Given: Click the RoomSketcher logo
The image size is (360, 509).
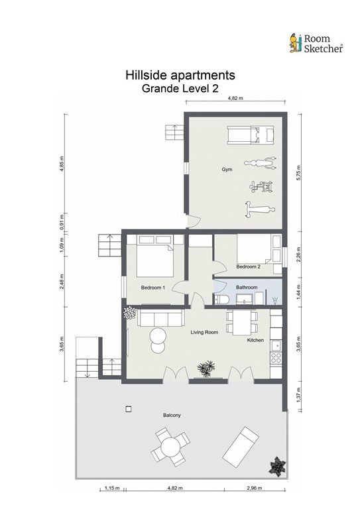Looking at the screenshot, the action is coord(316,43).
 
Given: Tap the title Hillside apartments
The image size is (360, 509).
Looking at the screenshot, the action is coord(180,75).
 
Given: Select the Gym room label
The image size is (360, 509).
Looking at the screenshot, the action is coord(227,170).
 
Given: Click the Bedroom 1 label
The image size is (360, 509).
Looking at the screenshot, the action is coord(153,288).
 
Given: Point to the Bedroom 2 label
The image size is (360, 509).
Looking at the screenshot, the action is coord(249,267).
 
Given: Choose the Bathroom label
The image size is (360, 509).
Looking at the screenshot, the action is coord(247,287).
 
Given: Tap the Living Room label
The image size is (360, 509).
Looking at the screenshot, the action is coord(204,332).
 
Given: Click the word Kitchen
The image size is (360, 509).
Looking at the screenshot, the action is coord(255,340).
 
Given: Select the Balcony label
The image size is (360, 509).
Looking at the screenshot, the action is coord(172,415).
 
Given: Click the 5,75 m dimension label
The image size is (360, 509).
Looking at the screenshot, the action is coord(298,173).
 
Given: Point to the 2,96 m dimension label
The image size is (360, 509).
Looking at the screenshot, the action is coord(255,488).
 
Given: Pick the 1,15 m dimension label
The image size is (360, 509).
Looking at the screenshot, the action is coord(112,488).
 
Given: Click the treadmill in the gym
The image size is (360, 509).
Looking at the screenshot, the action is coord(251,135).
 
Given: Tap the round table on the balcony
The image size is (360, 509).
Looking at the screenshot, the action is coord(171,447).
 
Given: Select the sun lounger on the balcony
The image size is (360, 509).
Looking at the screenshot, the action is coord(241,443).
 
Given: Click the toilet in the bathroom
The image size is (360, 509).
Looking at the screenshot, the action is coord(221,300).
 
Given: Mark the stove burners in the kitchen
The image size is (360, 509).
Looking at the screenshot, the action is coord(276,358).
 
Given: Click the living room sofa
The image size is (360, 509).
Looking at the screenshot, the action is coord(161,318).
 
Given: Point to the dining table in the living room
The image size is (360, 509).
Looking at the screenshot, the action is coord(242,323).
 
